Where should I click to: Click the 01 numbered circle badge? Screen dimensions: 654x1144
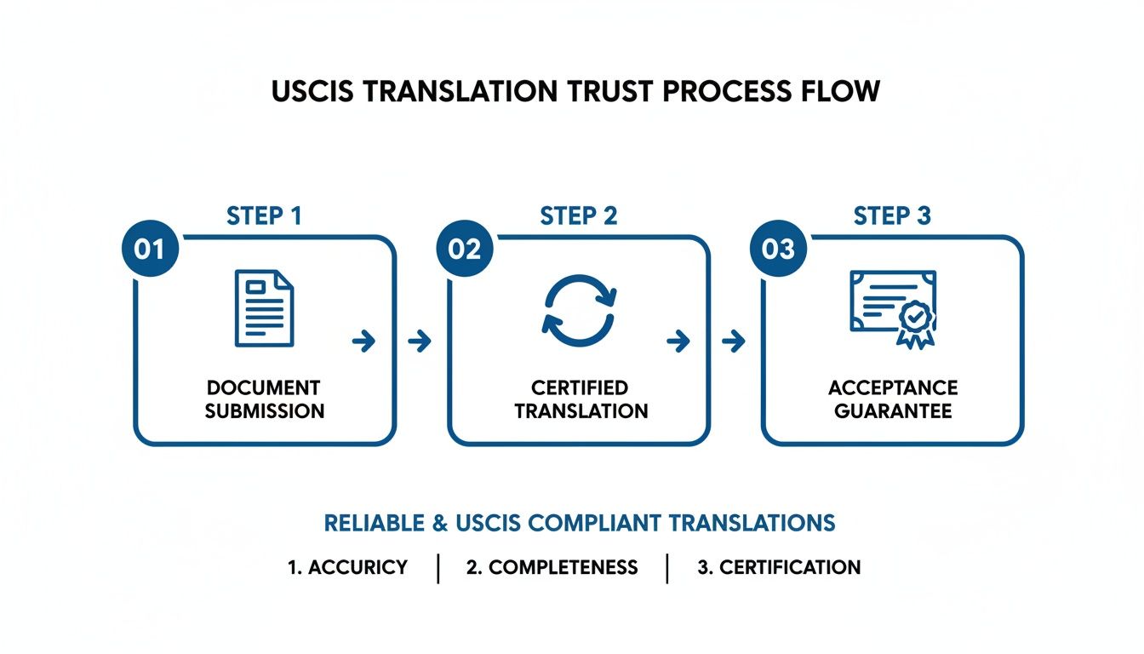150,249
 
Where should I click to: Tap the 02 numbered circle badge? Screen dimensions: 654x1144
465,249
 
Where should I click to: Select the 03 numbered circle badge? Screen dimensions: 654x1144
778,249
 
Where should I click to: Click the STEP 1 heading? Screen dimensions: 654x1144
264,216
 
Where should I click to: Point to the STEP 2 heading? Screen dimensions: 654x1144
579,216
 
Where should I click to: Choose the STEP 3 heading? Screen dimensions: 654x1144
892,216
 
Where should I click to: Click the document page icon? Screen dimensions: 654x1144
264,307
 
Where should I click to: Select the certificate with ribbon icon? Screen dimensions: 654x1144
893,307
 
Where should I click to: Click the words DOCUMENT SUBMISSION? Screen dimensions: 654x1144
264,399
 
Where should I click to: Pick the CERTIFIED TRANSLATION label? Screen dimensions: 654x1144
581,399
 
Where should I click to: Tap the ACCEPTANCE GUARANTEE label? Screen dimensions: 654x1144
893,399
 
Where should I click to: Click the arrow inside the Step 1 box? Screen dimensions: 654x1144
363,342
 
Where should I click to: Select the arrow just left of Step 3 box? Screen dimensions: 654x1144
733,342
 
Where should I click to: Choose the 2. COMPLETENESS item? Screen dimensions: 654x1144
552,567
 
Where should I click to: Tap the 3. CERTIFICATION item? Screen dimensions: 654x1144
779,567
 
